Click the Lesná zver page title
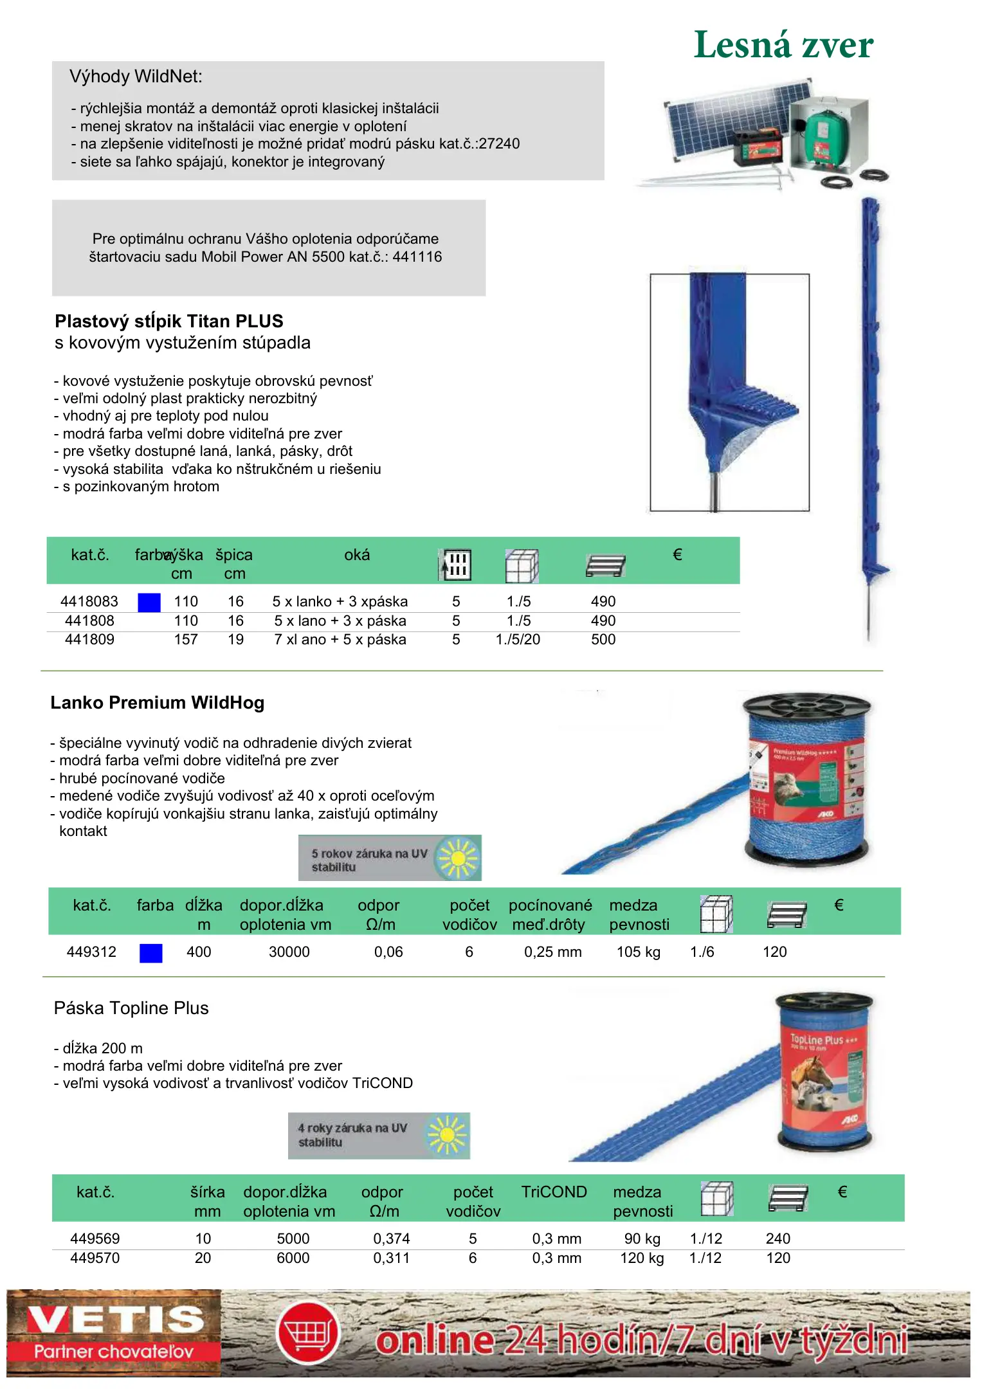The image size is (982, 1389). pyautogui.click(x=783, y=45)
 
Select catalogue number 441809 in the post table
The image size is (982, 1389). pyautogui.click(x=89, y=640)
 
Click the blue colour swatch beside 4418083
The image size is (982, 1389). pyautogui.click(x=149, y=603)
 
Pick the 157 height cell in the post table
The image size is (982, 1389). pyautogui.click(x=186, y=640)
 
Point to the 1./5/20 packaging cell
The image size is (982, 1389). pyautogui.click(x=518, y=640)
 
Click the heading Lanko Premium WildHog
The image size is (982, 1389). pyautogui.click(x=158, y=703)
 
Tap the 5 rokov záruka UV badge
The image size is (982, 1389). pyautogui.click(x=390, y=858)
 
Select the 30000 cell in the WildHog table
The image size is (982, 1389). pyautogui.click(x=289, y=952)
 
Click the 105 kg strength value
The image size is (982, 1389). pyautogui.click(x=639, y=952)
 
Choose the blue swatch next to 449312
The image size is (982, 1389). pyautogui.click(x=151, y=953)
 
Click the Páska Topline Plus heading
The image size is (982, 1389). pyautogui.click(x=131, y=1008)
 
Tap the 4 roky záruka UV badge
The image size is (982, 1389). pyautogui.click(x=379, y=1136)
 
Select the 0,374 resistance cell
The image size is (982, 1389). pyautogui.click(x=392, y=1239)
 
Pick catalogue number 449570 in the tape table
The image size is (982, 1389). pyautogui.click(x=95, y=1258)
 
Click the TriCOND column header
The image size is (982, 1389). pyautogui.click(x=554, y=1192)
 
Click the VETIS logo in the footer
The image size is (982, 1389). pyautogui.click(x=114, y=1333)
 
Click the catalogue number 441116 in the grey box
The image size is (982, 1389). pyautogui.click(x=417, y=257)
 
